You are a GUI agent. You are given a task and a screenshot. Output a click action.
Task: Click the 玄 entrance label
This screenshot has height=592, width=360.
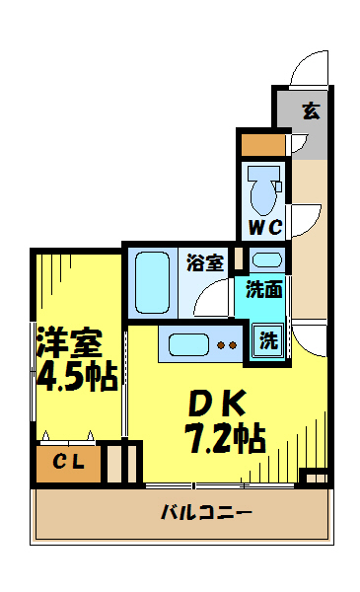310,110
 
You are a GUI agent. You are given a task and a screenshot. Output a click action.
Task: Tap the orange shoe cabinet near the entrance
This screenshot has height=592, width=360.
262,144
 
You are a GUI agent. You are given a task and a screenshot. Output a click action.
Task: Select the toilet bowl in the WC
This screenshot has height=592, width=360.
264,190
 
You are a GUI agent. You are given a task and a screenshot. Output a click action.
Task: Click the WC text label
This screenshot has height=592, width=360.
264,228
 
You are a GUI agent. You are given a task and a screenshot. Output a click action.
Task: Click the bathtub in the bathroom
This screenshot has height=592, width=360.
153,281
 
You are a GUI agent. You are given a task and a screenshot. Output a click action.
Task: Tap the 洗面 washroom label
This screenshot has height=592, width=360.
264,290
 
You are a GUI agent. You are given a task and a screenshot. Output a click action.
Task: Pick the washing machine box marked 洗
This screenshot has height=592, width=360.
268,339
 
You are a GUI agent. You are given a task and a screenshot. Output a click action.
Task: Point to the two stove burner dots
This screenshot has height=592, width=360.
227,345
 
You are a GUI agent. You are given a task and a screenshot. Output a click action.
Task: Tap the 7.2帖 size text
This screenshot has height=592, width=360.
223,436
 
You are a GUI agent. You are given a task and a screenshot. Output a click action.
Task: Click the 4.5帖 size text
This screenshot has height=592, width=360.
75,376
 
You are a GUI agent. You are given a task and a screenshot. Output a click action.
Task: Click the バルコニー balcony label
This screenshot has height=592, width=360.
206,513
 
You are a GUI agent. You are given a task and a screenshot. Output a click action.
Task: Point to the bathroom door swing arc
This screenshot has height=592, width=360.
209,295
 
